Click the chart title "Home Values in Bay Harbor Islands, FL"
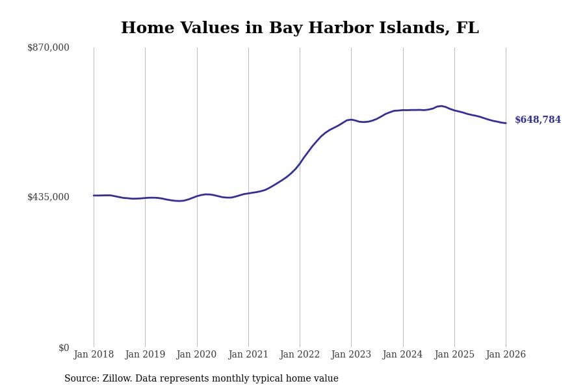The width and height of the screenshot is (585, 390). pyautogui.click(x=300, y=29)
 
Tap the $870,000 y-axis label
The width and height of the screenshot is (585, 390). pyautogui.click(x=48, y=47)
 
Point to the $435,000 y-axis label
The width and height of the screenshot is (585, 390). pyautogui.click(x=48, y=197)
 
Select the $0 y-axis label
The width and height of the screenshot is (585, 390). pyautogui.click(x=63, y=348)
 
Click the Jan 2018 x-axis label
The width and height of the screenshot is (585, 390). pyautogui.click(x=94, y=355)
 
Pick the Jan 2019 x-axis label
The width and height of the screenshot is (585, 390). pyautogui.click(x=145, y=355)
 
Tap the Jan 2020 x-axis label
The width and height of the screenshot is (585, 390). pyautogui.click(x=196, y=355)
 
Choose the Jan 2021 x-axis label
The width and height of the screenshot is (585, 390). pyautogui.click(x=248, y=355)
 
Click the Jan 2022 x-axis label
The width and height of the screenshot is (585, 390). pyautogui.click(x=300, y=355)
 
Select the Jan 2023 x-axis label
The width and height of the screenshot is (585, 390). pyautogui.click(x=351, y=355)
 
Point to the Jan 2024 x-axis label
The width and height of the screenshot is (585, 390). pyautogui.click(x=402, y=355)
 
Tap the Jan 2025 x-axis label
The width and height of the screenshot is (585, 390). pyautogui.click(x=454, y=355)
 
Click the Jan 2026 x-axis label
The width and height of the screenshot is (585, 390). pyautogui.click(x=506, y=355)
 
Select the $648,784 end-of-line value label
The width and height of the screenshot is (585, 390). pyautogui.click(x=538, y=120)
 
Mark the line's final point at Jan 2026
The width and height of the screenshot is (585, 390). pyautogui.click(x=506, y=123)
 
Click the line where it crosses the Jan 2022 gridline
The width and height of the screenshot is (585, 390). pyautogui.click(x=300, y=162)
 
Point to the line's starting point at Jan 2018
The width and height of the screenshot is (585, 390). pyautogui.click(x=94, y=196)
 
